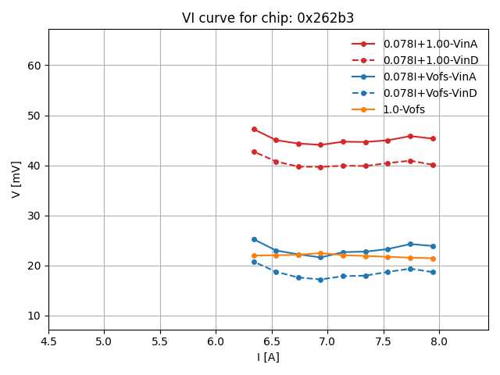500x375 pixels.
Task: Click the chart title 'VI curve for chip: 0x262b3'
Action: click(268, 18)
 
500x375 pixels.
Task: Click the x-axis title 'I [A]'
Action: click(268, 357)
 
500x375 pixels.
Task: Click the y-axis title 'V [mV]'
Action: click(16, 179)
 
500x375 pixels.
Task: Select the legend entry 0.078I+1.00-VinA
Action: click(430, 44)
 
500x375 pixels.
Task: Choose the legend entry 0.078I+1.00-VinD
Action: click(430, 60)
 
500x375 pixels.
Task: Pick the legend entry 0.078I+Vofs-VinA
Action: click(430, 77)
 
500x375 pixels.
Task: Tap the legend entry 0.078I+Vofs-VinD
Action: click(430, 93)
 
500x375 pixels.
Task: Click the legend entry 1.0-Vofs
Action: click(404, 109)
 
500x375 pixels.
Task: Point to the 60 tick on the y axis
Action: click(34, 66)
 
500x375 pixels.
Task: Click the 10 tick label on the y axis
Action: click(34, 316)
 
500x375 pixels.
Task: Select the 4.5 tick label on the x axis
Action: click(48, 341)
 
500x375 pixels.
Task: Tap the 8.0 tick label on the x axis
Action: click(439, 341)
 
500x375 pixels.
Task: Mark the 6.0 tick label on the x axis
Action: click(216, 341)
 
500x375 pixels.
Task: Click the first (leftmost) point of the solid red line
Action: click(254, 129)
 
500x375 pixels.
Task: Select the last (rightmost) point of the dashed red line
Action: click(433, 165)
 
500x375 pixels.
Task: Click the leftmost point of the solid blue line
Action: click(254, 239)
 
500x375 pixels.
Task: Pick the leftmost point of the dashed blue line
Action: click(254, 262)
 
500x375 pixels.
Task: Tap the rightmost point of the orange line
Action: click(433, 259)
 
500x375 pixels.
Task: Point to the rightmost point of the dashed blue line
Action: click(433, 272)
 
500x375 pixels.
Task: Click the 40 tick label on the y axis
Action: click(34, 166)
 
